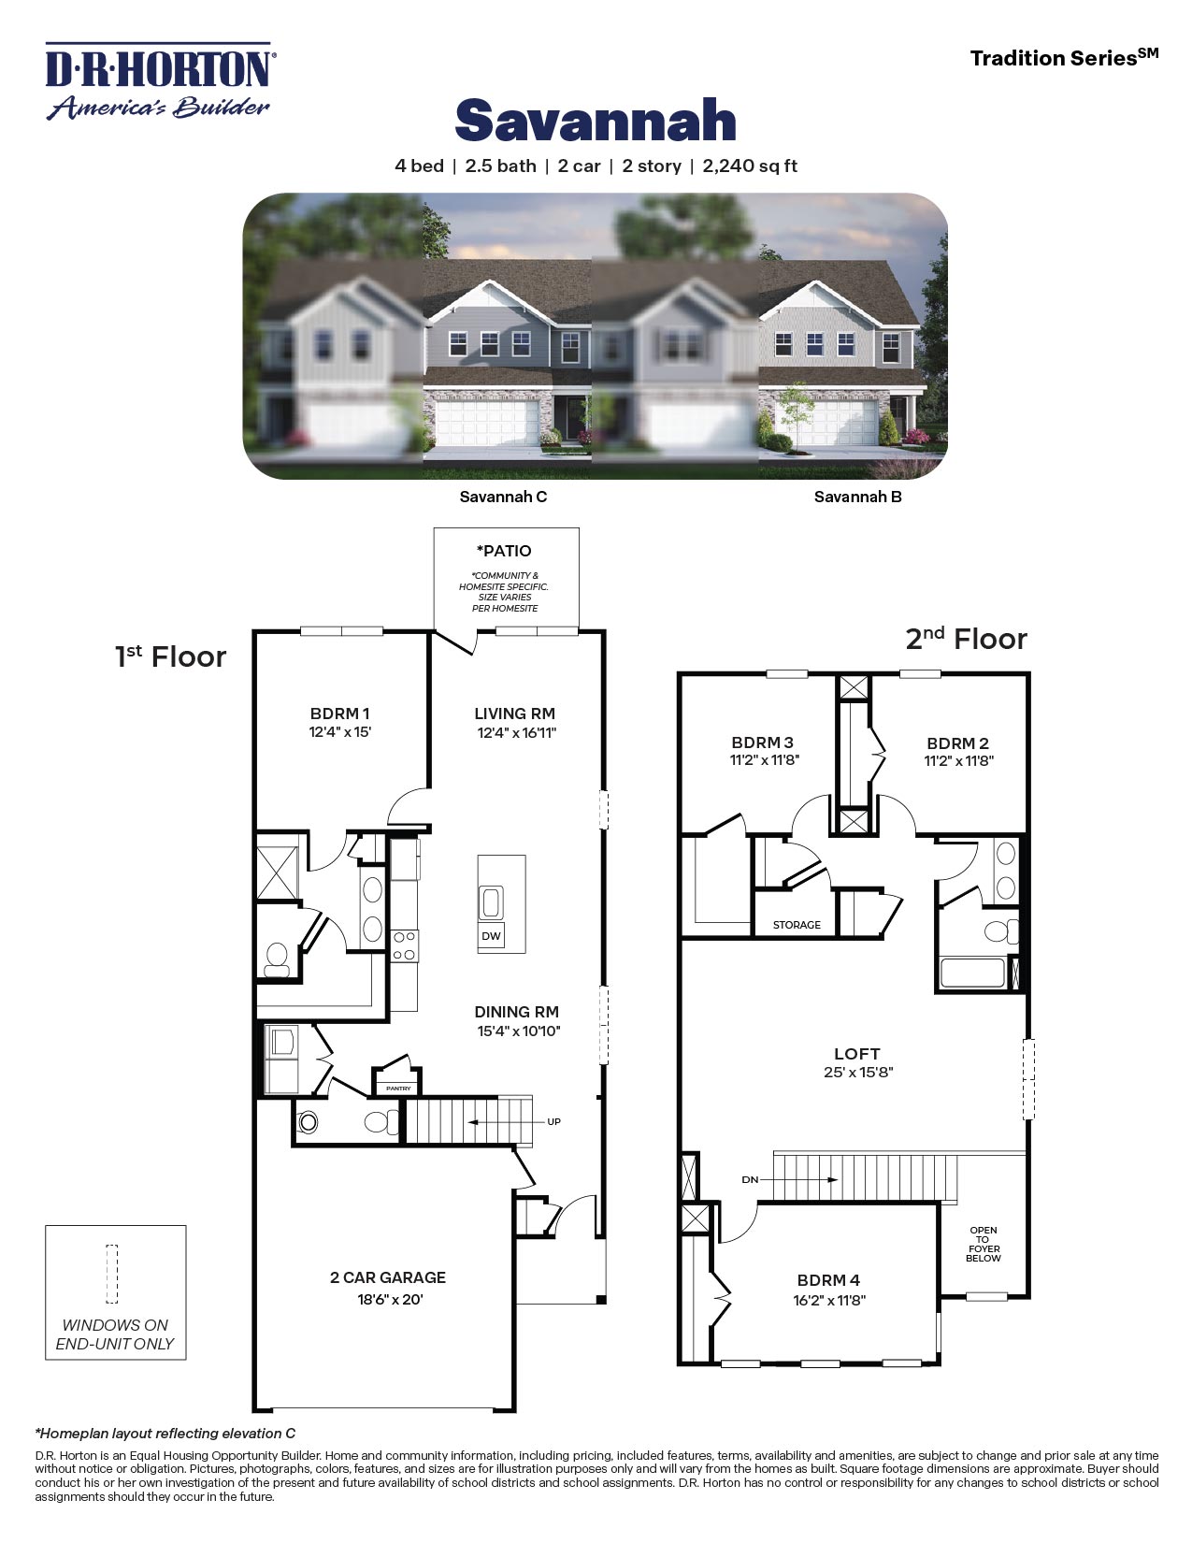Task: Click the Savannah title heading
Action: [596, 122]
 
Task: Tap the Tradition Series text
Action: [1063, 58]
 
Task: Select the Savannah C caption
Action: [503, 497]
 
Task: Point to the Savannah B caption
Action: [857, 497]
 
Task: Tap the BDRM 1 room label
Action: [340, 714]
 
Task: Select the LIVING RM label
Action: [515, 714]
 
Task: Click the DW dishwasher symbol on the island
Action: [491, 936]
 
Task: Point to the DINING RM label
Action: [516, 1012]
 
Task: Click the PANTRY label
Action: [398, 1089]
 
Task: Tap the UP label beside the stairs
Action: [553, 1121]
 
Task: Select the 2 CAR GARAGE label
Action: [388, 1277]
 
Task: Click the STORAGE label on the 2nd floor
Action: [797, 925]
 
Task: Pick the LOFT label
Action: [857, 1054]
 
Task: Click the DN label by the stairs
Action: [750, 1180]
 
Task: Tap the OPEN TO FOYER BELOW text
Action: [984, 1244]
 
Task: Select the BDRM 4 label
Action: [828, 1280]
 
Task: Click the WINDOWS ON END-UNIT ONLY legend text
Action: [115, 1334]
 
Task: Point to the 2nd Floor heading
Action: [966, 639]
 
